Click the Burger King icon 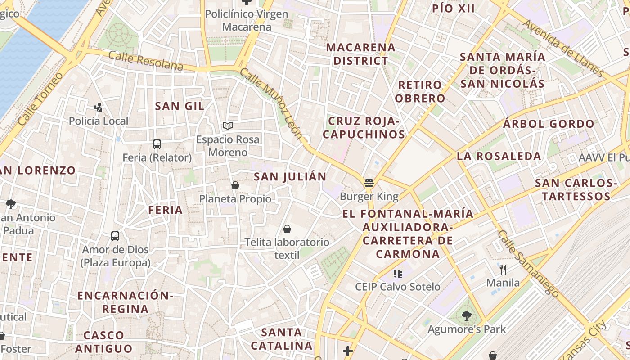pyautogui.click(x=369, y=183)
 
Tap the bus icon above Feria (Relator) pyautogui.click(x=157, y=144)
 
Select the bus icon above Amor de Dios pyautogui.click(x=115, y=236)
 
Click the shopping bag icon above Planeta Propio pyautogui.click(x=235, y=185)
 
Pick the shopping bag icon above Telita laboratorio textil pyautogui.click(x=287, y=229)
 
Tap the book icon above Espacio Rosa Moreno pyautogui.click(x=228, y=126)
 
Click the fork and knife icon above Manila pyautogui.click(x=503, y=270)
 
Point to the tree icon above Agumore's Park pyautogui.click(x=467, y=316)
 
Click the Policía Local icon pyautogui.click(x=99, y=108)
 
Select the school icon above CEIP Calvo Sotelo pyautogui.click(x=397, y=273)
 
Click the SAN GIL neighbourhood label pyautogui.click(x=180, y=106)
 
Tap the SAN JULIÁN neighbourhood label pyautogui.click(x=290, y=176)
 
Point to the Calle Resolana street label pyautogui.click(x=146, y=61)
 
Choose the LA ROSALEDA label pyautogui.click(x=499, y=156)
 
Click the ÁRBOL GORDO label pyautogui.click(x=549, y=124)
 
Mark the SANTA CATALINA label pyautogui.click(x=281, y=339)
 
